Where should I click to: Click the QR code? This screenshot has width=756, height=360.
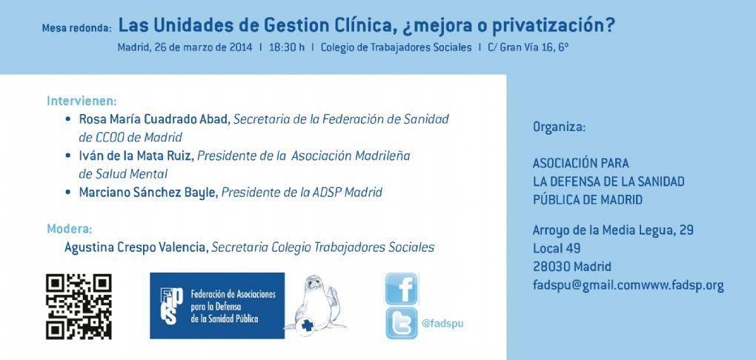tap(79, 307)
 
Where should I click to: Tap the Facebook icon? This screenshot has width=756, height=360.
tap(402, 289)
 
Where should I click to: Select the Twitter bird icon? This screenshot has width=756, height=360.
tap(402, 323)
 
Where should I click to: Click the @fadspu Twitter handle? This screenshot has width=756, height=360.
tap(442, 324)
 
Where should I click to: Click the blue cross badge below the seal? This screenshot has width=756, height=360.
tap(307, 325)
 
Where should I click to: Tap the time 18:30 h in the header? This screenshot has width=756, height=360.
tap(287, 47)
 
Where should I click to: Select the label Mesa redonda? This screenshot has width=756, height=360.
tap(76, 28)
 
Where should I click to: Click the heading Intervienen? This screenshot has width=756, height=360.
tap(82, 101)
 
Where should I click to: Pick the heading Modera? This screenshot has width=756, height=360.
tap(70, 229)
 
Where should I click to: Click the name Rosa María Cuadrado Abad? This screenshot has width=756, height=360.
tap(154, 119)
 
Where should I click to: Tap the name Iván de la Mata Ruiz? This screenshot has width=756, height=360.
tap(136, 156)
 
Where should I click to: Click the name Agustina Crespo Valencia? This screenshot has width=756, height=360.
tap(136, 247)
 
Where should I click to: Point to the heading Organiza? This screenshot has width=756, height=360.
tap(559, 127)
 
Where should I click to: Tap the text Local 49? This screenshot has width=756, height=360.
tap(557, 249)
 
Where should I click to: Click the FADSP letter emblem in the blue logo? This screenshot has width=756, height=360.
tap(172, 306)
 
